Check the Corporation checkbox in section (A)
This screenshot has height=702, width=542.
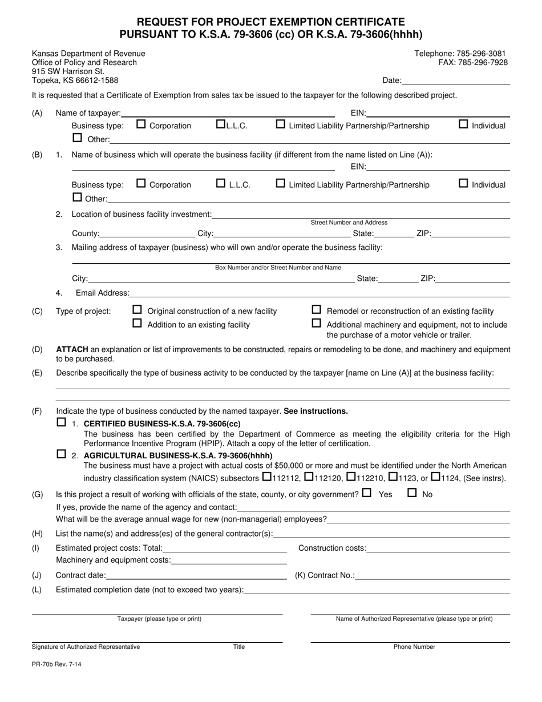(x=141, y=124)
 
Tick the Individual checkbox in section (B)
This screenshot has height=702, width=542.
(x=464, y=183)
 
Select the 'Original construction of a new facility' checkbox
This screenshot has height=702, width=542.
(x=137, y=310)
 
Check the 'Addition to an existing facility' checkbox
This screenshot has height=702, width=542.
(x=137, y=324)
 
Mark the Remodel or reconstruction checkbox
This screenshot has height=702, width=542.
(x=316, y=310)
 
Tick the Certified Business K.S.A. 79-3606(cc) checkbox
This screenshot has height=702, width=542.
(x=62, y=423)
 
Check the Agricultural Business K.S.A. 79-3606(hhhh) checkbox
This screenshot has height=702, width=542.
(x=62, y=455)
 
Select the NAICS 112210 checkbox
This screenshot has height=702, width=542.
(x=351, y=477)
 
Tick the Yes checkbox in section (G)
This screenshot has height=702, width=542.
(x=367, y=493)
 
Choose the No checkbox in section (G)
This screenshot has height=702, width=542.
(x=412, y=493)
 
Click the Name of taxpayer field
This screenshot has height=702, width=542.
(x=228, y=113)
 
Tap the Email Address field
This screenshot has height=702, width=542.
(x=319, y=293)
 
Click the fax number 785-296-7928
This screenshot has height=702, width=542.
(x=473, y=63)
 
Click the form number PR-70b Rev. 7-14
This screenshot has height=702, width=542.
(x=56, y=664)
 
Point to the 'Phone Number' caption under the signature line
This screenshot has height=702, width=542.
(x=414, y=647)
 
